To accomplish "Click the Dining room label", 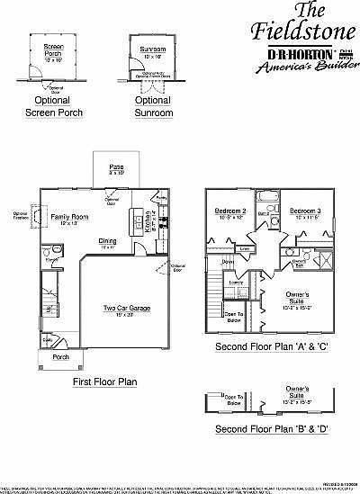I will (x=107, y=241).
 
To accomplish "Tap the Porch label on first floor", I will (x=60, y=356).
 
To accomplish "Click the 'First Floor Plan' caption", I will (x=104, y=382).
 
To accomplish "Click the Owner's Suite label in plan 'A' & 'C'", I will (x=299, y=297).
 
